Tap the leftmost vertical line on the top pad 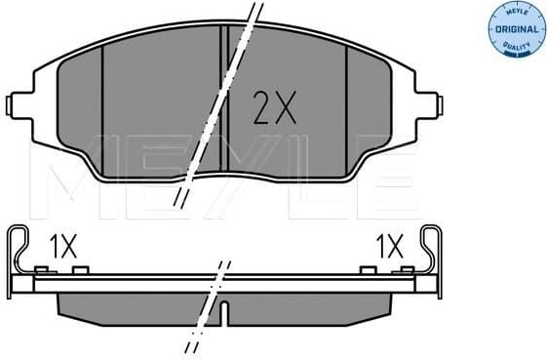(102, 107)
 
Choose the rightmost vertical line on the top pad (347, 107)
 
